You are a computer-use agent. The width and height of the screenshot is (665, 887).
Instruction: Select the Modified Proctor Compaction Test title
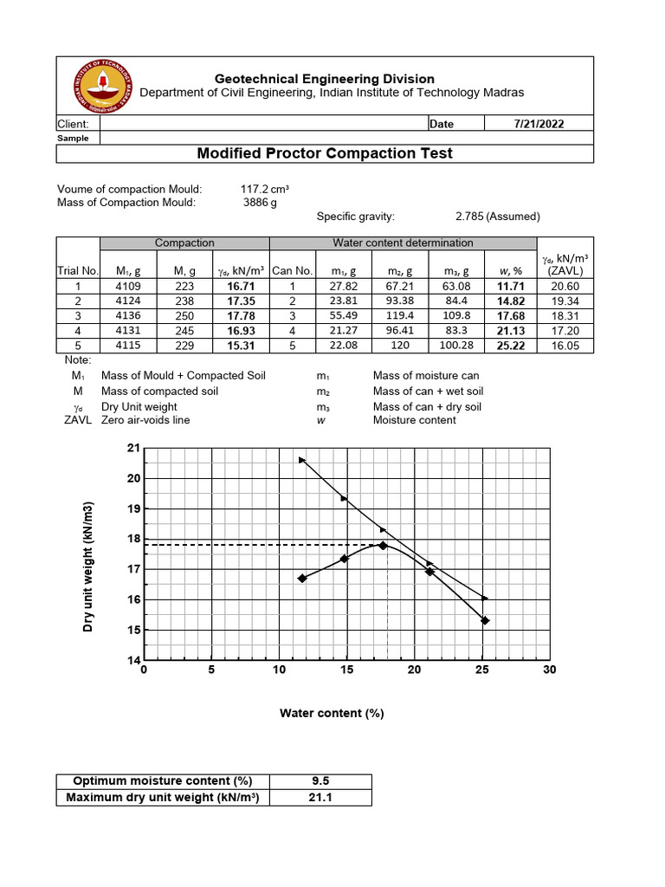tap(325, 153)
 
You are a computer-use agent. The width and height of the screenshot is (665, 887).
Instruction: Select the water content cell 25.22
tap(511, 345)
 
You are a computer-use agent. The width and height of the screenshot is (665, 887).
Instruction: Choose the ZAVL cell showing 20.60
tap(565, 286)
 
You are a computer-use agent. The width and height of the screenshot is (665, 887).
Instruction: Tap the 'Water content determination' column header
tap(404, 243)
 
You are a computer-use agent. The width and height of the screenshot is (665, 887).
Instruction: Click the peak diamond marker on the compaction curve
tap(383, 545)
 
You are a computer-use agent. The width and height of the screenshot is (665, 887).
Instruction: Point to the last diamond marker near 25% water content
tap(485, 620)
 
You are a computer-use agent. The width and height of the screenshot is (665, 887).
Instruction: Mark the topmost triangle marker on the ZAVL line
tap(301, 460)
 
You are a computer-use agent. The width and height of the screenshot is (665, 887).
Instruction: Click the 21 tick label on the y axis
tap(132, 448)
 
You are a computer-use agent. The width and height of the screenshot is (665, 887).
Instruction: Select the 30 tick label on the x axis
tap(549, 670)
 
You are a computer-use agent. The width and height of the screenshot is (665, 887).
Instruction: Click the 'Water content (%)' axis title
tap(331, 713)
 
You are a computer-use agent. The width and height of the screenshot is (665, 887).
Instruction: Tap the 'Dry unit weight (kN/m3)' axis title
tap(88, 567)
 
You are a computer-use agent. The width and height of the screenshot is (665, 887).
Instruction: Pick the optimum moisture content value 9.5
tap(320, 781)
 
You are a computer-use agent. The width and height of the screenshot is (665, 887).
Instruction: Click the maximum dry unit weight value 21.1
tap(320, 798)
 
